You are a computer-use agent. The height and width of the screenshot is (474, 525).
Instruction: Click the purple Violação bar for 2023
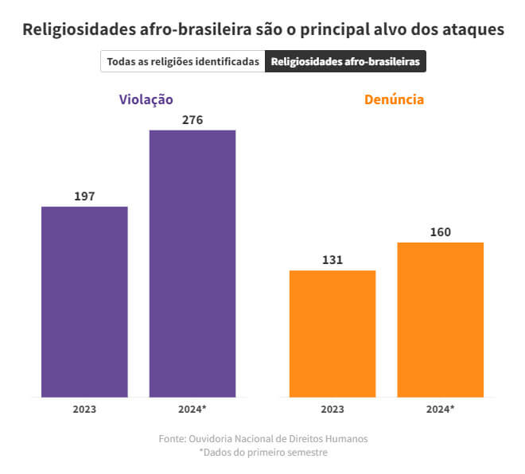[x=84, y=301]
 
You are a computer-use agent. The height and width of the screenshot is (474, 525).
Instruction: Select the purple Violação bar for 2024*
[x=192, y=263]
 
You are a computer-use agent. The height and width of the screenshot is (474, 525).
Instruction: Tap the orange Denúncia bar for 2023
[x=332, y=333]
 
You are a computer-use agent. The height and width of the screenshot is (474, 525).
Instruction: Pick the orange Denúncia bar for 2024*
[x=440, y=319]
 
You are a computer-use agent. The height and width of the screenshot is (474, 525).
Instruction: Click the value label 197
[x=84, y=196]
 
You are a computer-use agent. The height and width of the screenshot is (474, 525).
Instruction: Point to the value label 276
[x=192, y=120]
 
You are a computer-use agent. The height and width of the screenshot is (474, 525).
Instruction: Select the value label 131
[x=332, y=260]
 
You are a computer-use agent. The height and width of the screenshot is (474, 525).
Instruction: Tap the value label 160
[x=440, y=232]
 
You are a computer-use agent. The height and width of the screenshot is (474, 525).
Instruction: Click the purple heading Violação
[x=146, y=99]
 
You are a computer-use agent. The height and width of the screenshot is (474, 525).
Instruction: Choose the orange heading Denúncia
[x=394, y=99]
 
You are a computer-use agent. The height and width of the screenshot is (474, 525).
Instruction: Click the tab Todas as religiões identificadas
[x=183, y=61]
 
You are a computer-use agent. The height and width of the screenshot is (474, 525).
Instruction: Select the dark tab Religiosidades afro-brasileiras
[x=345, y=61]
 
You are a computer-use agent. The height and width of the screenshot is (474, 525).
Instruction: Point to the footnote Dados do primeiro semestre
[x=263, y=452]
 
